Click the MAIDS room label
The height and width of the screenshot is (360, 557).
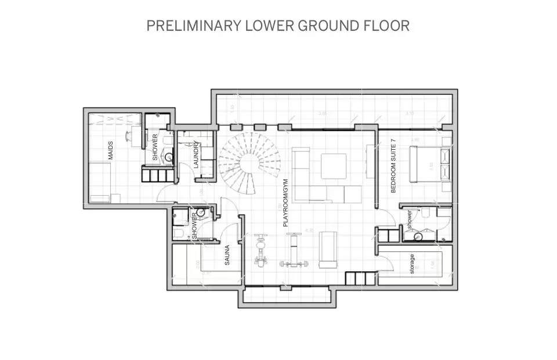point(110,150)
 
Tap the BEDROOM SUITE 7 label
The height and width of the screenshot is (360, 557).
point(393,165)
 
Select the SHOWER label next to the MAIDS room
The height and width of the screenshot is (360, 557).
point(155,147)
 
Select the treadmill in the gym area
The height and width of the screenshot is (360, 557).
point(328,250)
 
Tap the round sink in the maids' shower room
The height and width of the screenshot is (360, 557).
point(169,156)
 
